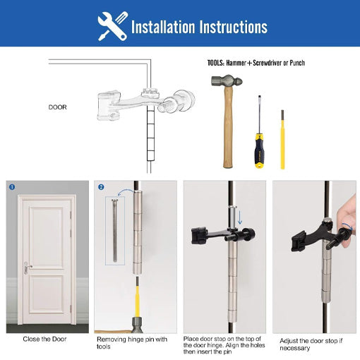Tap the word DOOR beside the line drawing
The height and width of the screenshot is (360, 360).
click(57, 107)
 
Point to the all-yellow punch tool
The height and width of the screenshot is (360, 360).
click(282, 138)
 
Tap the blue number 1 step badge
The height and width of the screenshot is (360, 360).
click(12, 187)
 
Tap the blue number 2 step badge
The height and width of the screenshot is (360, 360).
click(101, 187)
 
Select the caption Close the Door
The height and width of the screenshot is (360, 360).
click(47, 340)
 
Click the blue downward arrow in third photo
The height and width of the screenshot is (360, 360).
click(237, 217)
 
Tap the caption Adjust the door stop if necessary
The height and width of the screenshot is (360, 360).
click(311, 343)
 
